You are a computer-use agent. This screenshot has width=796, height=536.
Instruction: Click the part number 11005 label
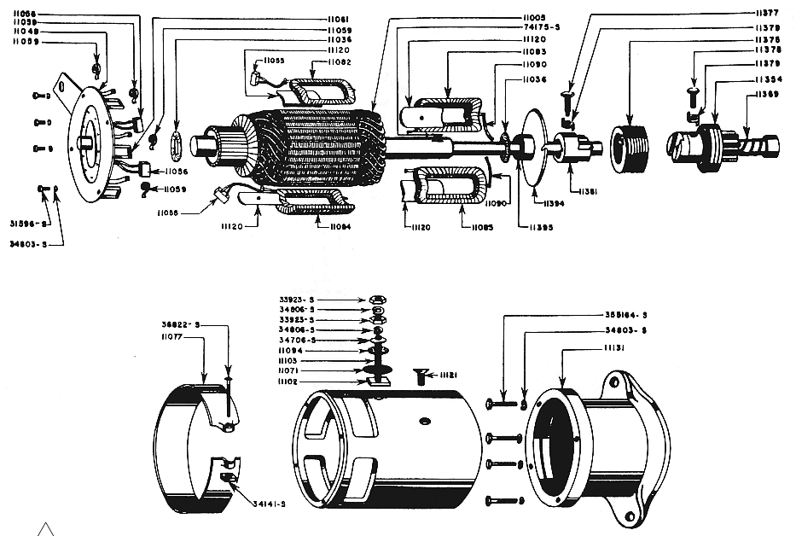pyautogui.click(x=535, y=17)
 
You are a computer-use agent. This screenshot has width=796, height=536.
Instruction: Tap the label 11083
pyautogui.click(x=535, y=50)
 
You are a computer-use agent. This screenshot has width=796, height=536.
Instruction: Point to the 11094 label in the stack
pyautogui.click(x=295, y=351)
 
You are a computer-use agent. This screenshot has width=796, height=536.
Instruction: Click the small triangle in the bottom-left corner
pyautogui.click(x=46, y=527)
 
